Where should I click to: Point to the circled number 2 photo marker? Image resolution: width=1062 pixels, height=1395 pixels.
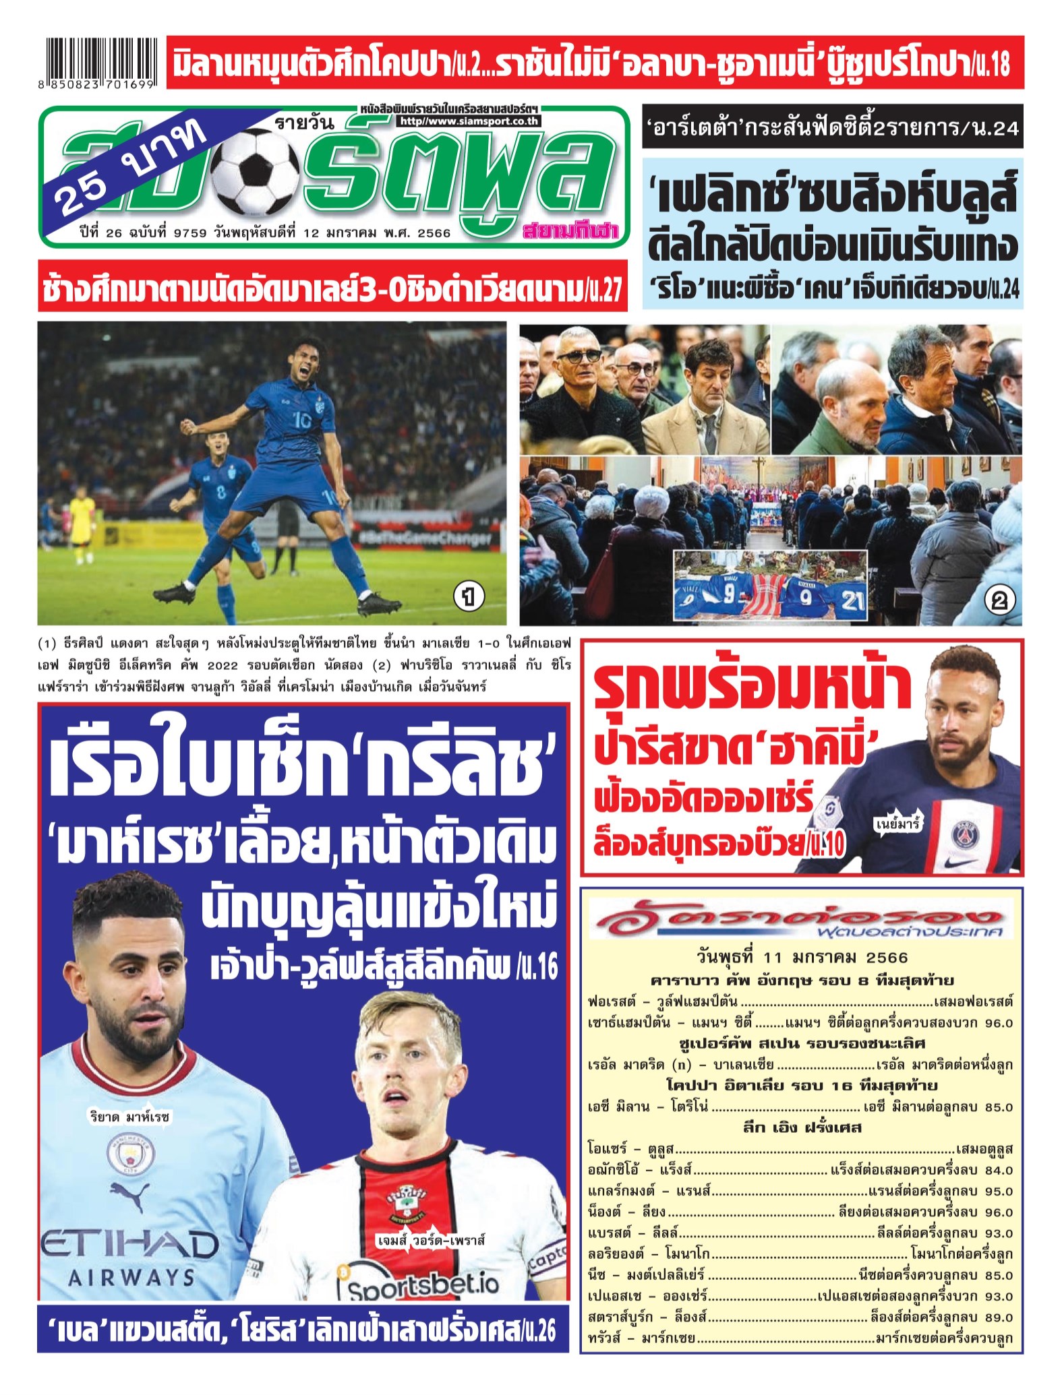[999, 600]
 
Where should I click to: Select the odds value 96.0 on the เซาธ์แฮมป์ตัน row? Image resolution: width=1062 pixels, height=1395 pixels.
[999, 1022]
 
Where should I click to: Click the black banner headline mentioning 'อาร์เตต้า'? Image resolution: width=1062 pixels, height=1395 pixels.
[831, 127]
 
